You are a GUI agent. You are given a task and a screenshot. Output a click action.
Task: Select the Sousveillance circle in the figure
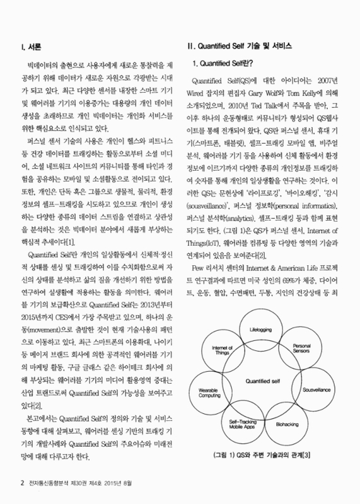tap(315, 391)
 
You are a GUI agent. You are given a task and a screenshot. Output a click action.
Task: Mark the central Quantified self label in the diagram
tap(264, 381)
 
